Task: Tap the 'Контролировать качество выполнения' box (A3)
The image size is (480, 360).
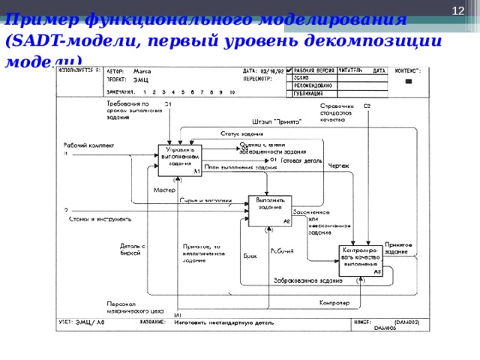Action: pos(361,259)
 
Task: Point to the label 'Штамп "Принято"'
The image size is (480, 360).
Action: pos(277,121)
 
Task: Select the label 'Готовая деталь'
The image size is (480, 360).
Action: pos(301,160)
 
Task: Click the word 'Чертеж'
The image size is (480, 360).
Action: pos(339,166)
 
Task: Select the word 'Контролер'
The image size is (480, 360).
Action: pos(331,303)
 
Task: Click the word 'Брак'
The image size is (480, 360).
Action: pos(250,256)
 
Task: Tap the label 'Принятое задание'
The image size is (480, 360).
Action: pos(397,248)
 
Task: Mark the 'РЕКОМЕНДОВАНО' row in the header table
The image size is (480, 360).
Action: pos(310,85)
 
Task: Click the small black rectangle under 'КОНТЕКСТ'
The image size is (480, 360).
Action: pos(408,81)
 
